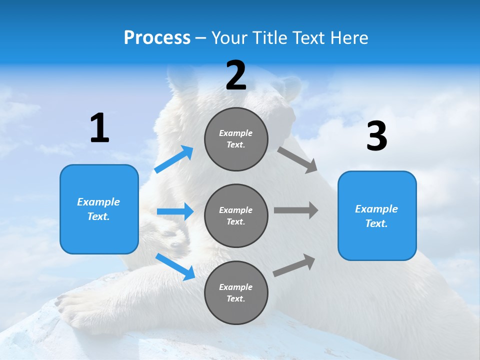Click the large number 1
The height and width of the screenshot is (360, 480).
click(99, 128)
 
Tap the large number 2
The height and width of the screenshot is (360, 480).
click(236, 76)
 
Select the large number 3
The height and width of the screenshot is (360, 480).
click(376, 136)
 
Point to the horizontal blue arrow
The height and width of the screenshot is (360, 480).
click(175, 212)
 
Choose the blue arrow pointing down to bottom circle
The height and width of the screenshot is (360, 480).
click(175, 266)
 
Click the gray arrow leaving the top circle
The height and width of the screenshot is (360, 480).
click(297, 160)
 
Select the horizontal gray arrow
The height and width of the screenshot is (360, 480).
click(295, 210)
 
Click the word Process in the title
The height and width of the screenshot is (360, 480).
click(157, 37)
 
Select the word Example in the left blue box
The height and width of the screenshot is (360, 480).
click(98, 202)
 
